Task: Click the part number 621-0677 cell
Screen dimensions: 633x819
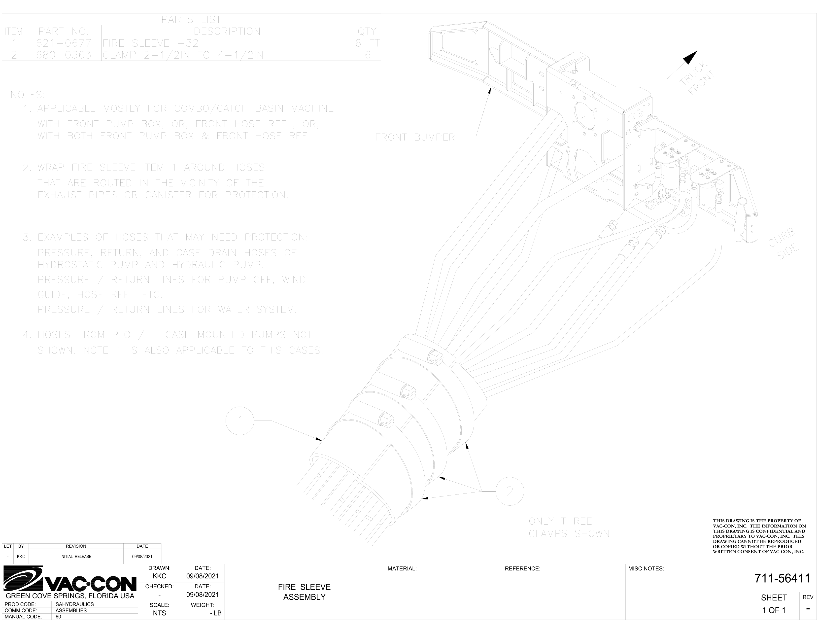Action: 64,43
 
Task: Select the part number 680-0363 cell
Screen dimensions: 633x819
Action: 64,55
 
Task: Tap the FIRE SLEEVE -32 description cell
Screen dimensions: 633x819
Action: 151,43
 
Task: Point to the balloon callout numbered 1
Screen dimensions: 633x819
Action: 240,421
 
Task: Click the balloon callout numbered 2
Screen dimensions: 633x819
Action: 510,491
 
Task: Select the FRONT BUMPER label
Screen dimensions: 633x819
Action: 415,137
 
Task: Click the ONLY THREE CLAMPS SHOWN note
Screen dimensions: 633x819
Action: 569,527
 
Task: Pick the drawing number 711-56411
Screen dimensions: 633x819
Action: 782,578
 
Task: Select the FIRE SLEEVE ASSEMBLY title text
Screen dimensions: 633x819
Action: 304,592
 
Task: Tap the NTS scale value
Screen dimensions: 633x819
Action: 159,613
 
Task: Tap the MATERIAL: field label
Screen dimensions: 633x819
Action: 402,568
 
